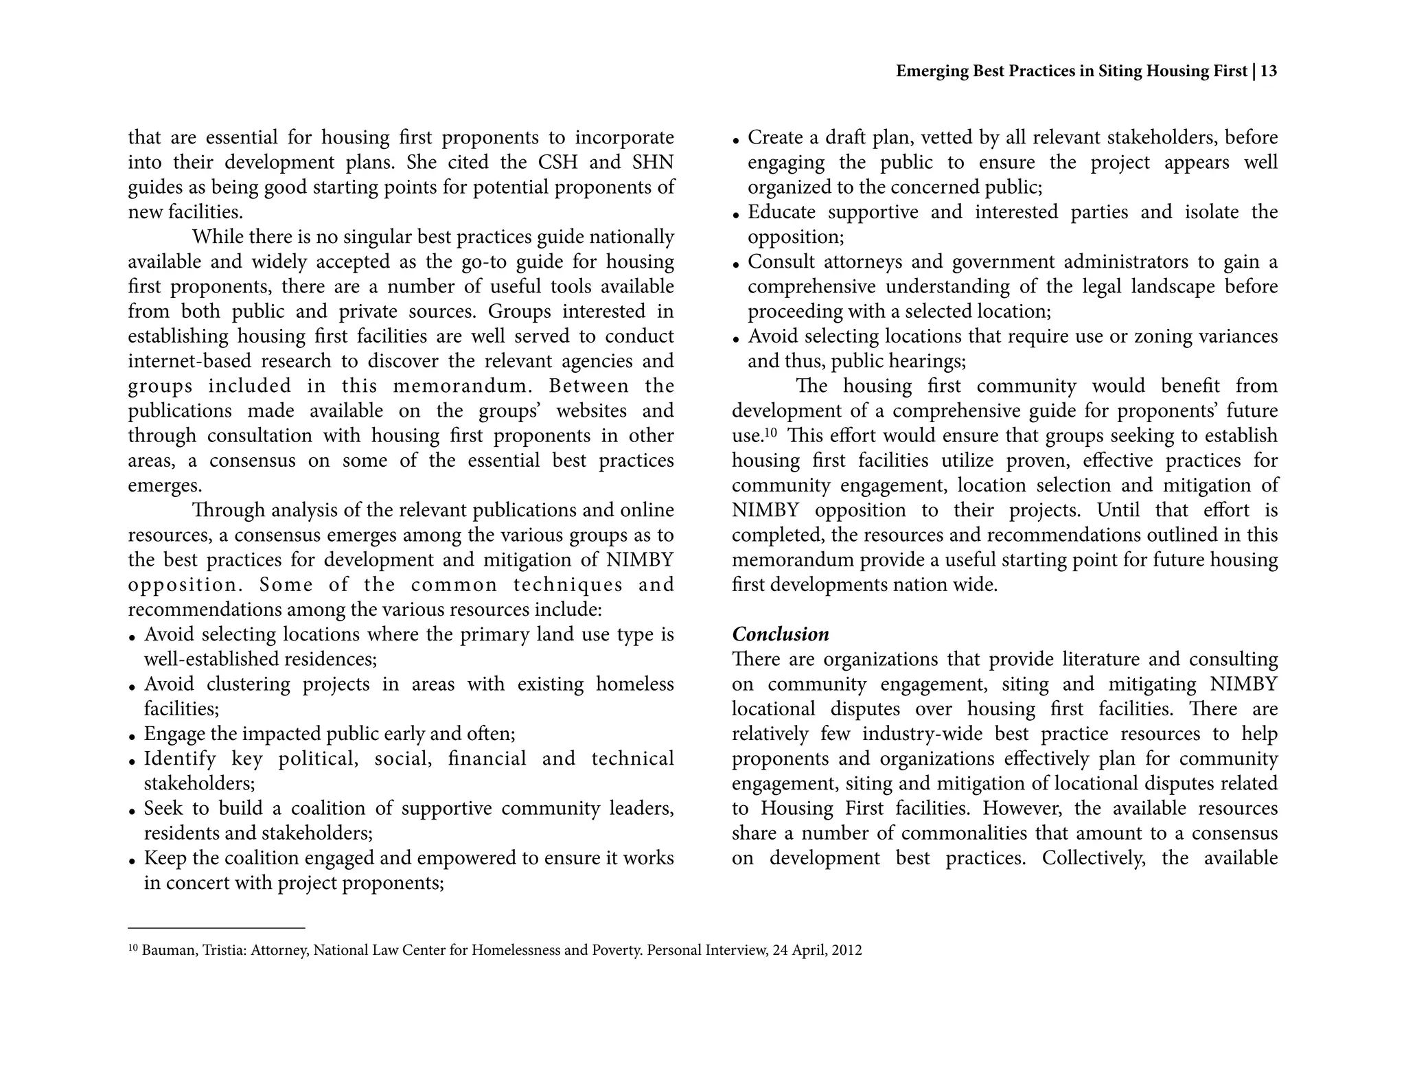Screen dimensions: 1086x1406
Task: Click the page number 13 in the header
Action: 1269,71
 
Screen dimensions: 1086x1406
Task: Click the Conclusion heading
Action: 780,634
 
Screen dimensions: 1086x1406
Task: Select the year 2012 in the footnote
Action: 846,951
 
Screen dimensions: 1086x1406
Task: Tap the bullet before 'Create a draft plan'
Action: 736,141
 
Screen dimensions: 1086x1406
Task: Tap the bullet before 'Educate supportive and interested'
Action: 736,215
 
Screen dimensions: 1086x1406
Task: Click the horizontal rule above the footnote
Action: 216,928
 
